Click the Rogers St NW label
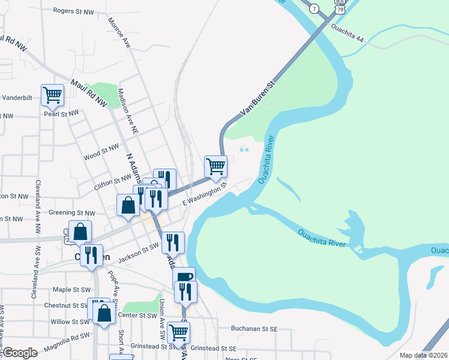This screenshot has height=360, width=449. point(74,11)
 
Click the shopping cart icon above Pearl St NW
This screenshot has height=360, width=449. point(53,95)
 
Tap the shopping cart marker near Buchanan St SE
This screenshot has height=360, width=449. point(179,332)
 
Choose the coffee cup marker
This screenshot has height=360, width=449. point(185,277)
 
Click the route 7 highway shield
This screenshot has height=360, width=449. point(314,8)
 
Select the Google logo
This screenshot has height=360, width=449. point(20,353)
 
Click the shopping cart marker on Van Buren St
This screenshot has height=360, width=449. point(215,166)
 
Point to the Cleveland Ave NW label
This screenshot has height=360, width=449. point(38,206)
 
